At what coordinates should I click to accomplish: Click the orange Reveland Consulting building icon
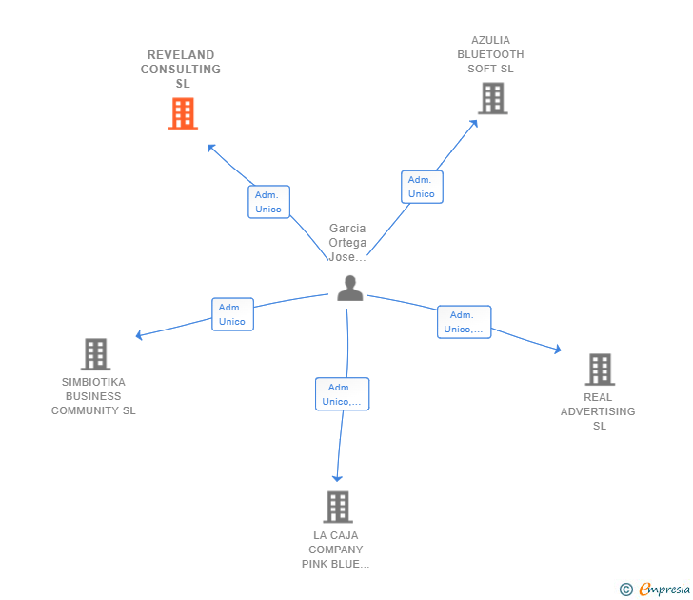coord(183,113)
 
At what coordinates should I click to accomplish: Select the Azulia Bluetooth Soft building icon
coord(492,98)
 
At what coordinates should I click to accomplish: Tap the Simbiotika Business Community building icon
coord(95,354)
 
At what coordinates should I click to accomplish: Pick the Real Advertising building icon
coord(599,369)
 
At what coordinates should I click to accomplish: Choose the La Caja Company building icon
coord(337,507)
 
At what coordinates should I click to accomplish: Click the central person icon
coord(349,288)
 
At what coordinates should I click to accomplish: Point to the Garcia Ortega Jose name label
coord(347,243)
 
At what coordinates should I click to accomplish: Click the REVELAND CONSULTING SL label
coord(181,70)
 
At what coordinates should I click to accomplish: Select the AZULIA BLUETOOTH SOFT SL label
coord(490,54)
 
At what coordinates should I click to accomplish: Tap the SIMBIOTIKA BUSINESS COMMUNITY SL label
coord(93,396)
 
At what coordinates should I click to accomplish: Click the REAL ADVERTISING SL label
coord(598,411)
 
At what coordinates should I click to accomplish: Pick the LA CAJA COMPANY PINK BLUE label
coord(336,550)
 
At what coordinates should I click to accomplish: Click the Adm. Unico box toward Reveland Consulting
coord(268,202)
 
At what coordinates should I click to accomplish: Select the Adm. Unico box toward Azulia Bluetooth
coord(422,187)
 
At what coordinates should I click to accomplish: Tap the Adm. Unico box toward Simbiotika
coord(232,314)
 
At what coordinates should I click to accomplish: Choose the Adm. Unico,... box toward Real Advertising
coord(464,322)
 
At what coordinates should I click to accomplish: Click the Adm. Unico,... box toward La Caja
coord(342,394)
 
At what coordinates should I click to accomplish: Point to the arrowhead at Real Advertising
coord(557,350)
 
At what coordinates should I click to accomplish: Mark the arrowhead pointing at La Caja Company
coord(336,478)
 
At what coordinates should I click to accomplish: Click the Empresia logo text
coord(664,590)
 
